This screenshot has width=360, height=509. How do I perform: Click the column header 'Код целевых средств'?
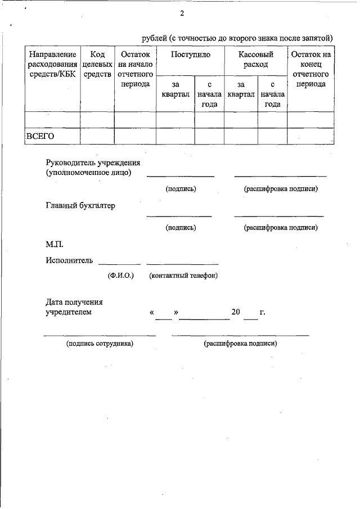point(97,65)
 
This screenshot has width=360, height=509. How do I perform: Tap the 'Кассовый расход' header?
point(255,60)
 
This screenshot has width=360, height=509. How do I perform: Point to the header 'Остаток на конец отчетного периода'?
point(310,69)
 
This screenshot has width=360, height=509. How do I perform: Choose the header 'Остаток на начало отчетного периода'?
point(135,69)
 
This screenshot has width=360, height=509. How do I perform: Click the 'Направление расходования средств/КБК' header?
point(52,65)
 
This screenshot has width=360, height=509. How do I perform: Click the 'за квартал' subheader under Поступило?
point(175,89)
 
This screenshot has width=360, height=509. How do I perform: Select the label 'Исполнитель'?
point(69,260)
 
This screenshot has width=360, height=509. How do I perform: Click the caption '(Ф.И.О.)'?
point(120,276)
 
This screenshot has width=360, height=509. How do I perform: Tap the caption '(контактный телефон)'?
point(183,276)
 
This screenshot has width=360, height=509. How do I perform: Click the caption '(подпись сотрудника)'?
point(100,343)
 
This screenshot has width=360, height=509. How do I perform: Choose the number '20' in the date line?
point(236,311)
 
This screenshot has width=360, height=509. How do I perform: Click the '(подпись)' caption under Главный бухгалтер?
point(181,228)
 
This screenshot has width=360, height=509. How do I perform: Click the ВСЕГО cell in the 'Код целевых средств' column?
point(97,136)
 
